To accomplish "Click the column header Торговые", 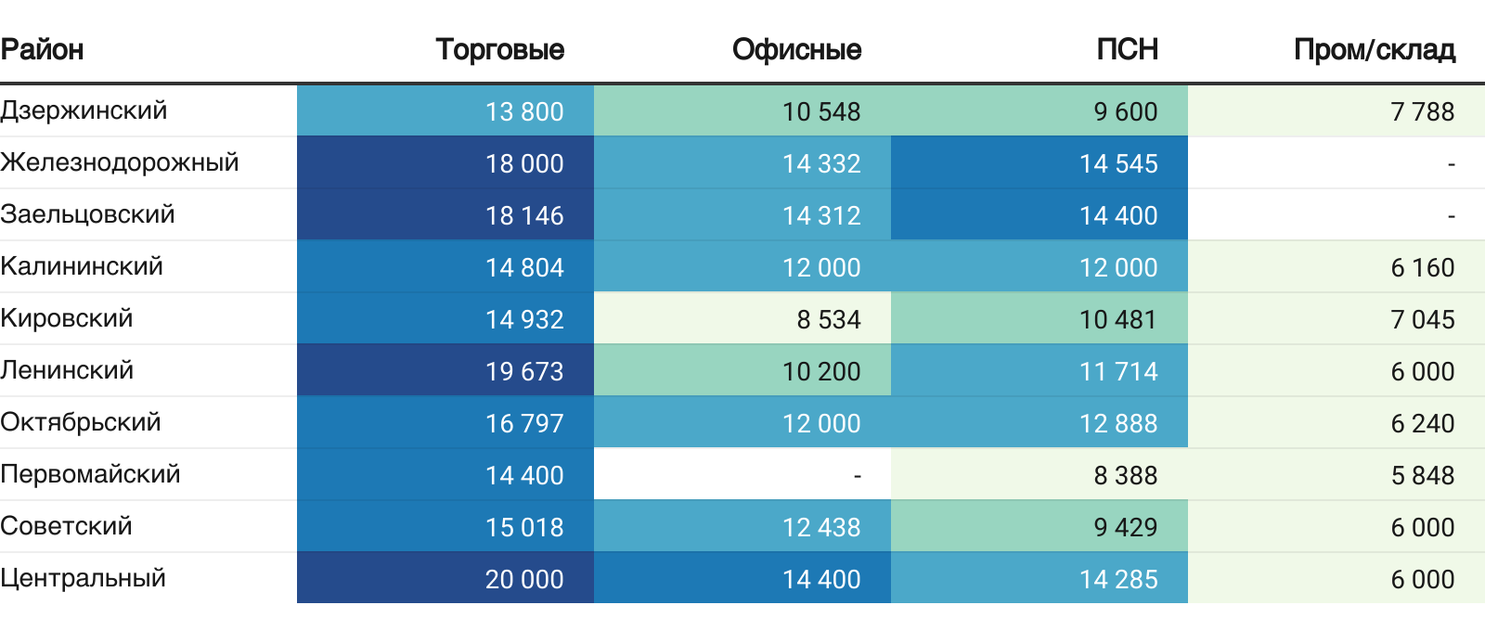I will (x=499, y=49).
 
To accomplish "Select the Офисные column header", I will (x=796, y=49).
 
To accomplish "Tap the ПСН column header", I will (x=1127, y=49).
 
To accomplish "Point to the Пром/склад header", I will (x=1374, y=49).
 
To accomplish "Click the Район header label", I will (x=43, y=49).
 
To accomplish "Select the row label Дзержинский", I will (x=84, y=110).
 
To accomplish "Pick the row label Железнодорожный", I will (x=120, y=162).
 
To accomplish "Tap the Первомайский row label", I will (x=90, y=474).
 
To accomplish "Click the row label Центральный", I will (x=84, y=578).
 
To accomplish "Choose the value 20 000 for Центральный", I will (x=523, y=579).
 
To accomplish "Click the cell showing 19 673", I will (x=523, y=371).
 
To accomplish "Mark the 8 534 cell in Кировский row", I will (x=828, y=319).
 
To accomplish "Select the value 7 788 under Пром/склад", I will (x=1422, y=111).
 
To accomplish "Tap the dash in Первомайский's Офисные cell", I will (x=857, y=475).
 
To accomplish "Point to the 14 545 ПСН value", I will (x=1117, y=163).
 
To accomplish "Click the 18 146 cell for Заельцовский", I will (x=523, y=215).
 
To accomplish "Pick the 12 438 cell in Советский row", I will (x=820, y=527).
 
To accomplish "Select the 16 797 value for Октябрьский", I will (x=523, y=423).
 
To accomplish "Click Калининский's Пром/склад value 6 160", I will (x=1422, y=267).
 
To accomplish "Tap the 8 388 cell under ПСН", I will (x=1125, y=475).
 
